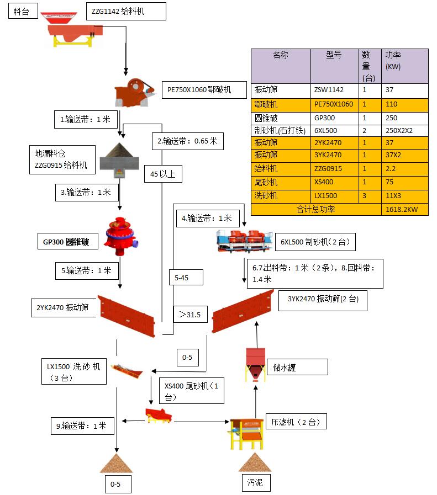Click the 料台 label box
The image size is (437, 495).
pos(22,11)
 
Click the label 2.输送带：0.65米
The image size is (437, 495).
pos(187,141)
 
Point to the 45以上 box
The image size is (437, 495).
pos(163,174)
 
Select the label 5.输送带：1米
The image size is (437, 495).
pos(86,270)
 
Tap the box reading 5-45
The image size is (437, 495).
pos(186,278)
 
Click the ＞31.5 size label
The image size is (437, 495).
pos(189,315)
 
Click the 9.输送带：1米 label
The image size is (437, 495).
pos(81,425)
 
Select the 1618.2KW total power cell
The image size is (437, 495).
pos(404,209)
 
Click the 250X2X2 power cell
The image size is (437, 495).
pos(404,130)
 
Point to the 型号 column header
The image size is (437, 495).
pos(334,55)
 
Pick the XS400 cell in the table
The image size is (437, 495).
pos(334,183)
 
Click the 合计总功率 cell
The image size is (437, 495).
pos(316,209)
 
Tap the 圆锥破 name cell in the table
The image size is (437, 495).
pos(281,118)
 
